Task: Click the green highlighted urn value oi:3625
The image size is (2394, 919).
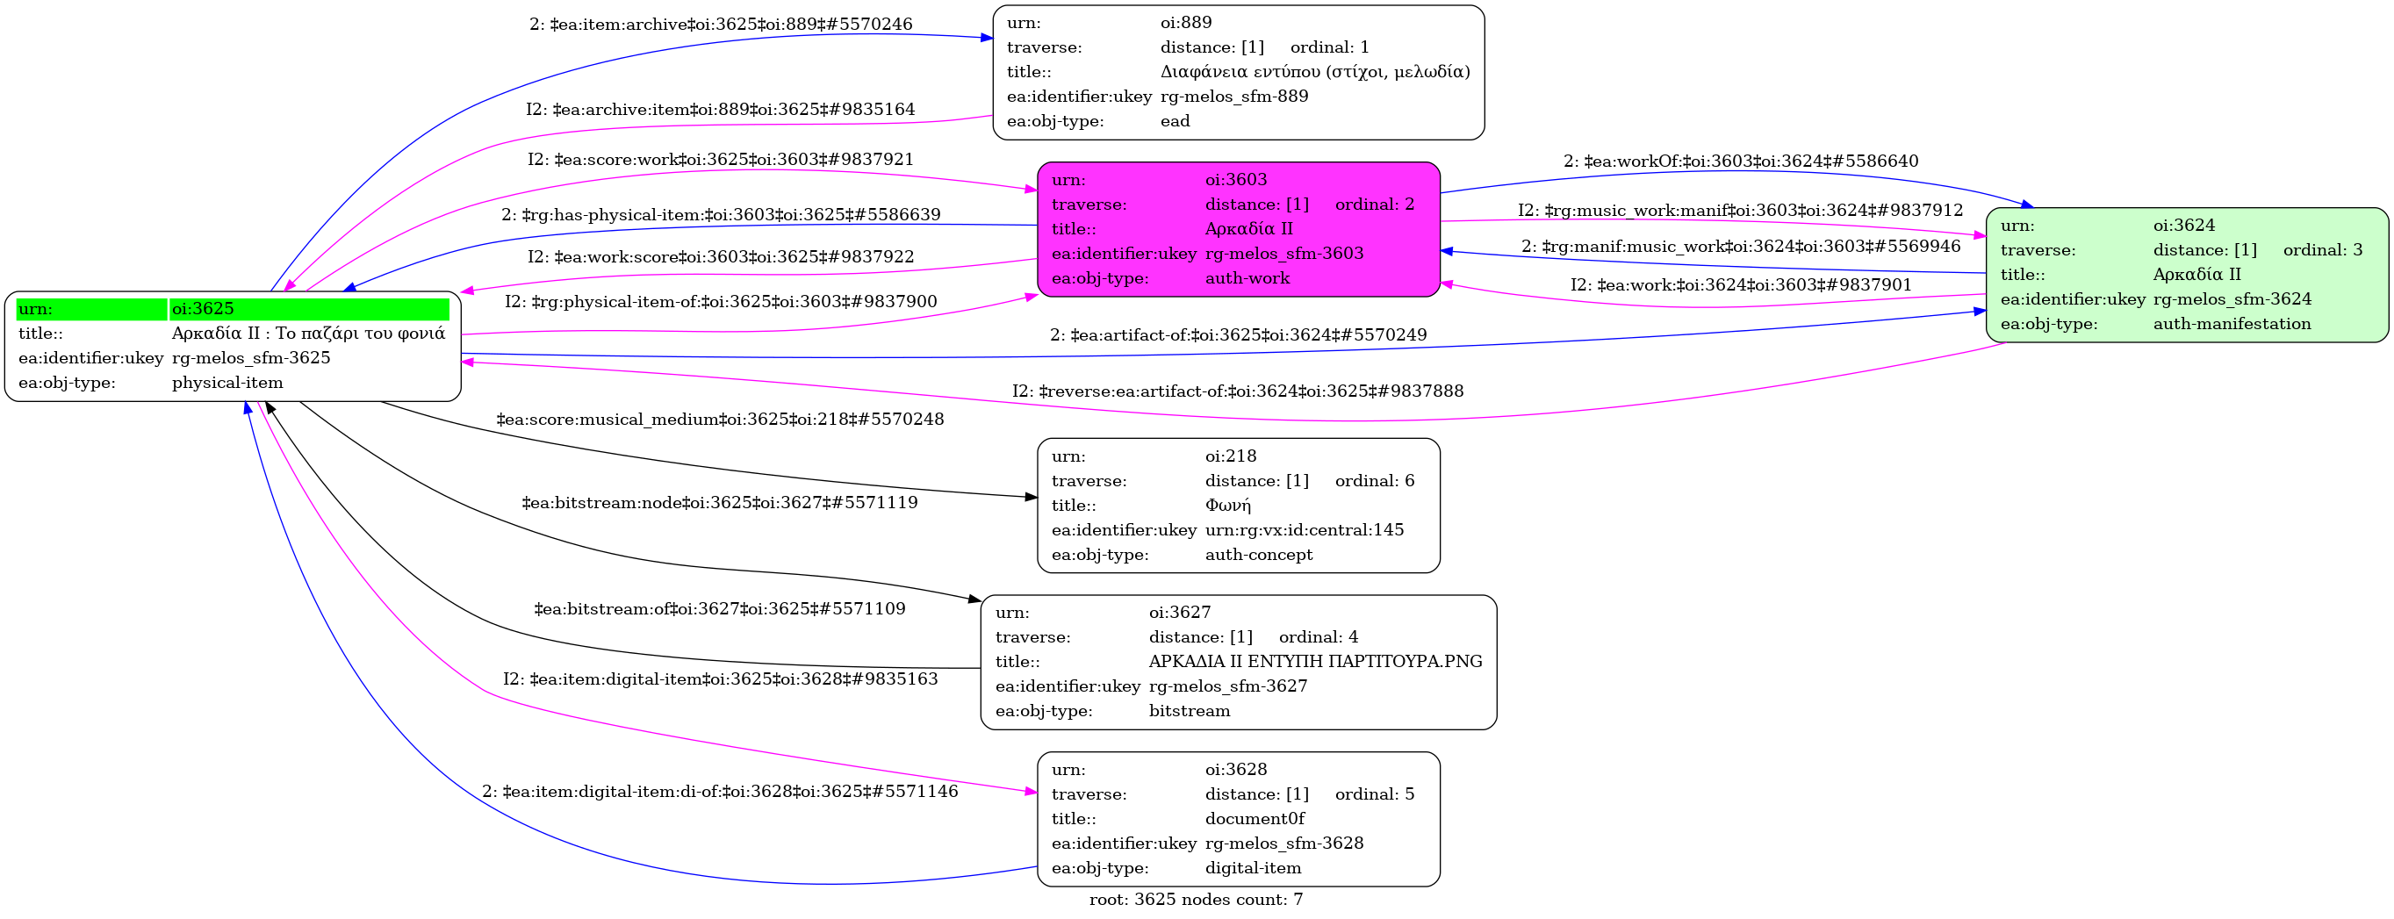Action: (x=203, y=308)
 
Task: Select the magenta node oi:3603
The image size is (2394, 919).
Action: (x=1238, y=229)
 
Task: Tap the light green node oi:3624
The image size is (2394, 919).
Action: (x=2187, y=275)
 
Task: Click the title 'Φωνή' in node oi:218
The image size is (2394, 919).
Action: (x=1227, y=506)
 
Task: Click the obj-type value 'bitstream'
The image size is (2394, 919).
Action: (x=1189, y=711)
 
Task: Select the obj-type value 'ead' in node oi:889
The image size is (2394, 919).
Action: (x=1175, y=121)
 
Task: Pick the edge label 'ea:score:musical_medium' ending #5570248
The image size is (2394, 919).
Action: (x=720, y=419)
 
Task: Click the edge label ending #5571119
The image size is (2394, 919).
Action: (x=720, y=503)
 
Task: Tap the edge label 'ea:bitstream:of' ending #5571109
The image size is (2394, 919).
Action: (x=720, y=608)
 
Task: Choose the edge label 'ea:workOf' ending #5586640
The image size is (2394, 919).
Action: (x=1741, y=161)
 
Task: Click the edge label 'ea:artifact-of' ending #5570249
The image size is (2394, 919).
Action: (x=1238, y=334)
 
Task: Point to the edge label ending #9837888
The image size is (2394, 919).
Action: (x=1238, y=391)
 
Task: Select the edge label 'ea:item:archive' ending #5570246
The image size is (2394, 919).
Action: (x=720, y=25)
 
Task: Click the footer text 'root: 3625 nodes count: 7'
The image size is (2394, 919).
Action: (x=1196, y=900)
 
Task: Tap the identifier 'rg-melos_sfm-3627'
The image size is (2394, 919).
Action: (x=1227, y=686)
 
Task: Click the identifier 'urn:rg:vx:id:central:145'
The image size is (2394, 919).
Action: (x=1305, y=529)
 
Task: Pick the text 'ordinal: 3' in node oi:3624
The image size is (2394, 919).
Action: (x=2322, y=250)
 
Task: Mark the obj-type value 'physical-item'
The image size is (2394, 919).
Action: (x=227, y=383)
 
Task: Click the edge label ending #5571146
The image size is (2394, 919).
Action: (x=720, y=792)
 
